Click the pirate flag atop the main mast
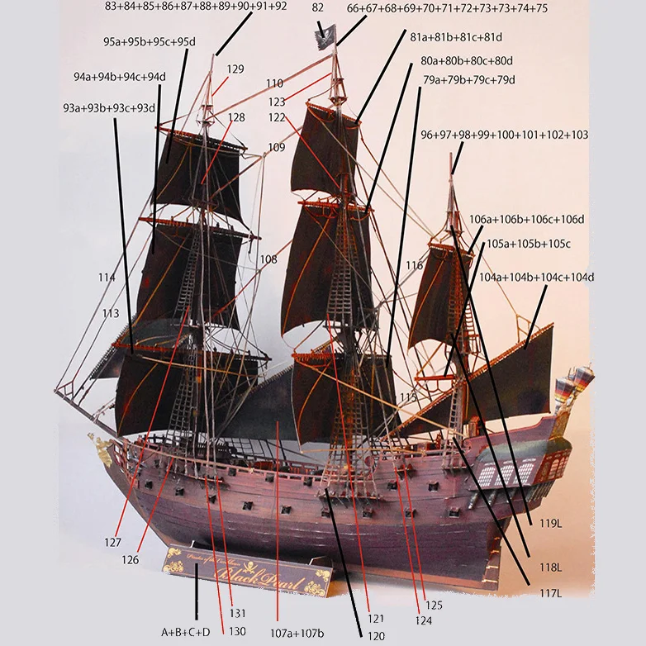click(325, 37)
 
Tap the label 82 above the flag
click(318, 7)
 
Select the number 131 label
click(238, 614)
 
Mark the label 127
click(113, 543)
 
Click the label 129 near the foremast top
click(235, 69)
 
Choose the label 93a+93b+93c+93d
click(109, 108)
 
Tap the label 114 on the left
click(107, 277)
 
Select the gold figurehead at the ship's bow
click(103, 449)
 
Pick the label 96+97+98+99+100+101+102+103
click(504, 135)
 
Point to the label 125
click(435, 606)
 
